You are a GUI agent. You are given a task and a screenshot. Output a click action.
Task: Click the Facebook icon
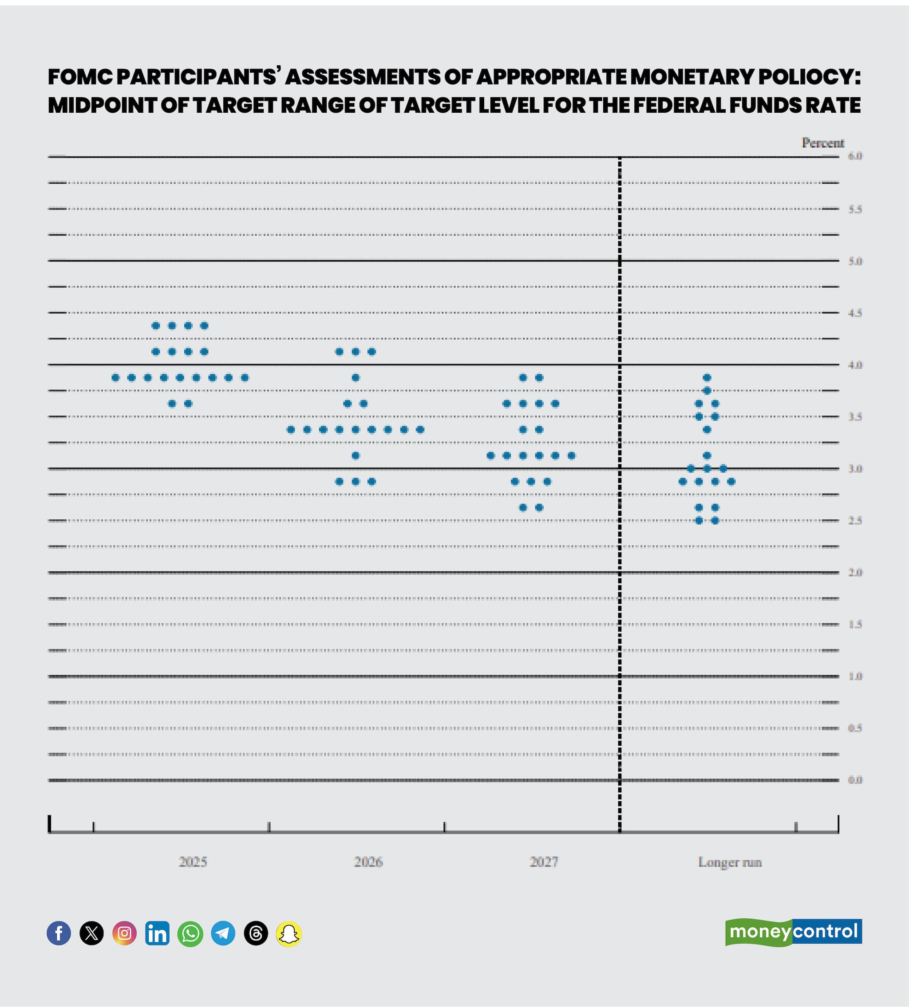(x=59, y=933)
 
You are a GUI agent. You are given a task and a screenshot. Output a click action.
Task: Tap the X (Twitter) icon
(x=91, y=933)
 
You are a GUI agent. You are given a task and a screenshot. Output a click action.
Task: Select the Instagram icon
(x=124, y=933)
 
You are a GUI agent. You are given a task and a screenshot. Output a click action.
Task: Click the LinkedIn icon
(x=157, y=933)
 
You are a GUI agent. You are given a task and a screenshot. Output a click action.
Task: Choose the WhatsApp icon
(x=190, y=933)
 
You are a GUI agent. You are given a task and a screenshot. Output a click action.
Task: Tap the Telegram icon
(x=223, y=933)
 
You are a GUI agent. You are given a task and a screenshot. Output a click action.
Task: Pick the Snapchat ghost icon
(x=289, y=933)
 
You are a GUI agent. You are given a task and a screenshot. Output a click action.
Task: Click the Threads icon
(x=256, y=933)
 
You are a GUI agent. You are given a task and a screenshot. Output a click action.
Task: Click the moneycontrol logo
(x=793, y=932)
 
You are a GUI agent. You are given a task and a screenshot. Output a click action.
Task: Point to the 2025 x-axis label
(x=193, y=862)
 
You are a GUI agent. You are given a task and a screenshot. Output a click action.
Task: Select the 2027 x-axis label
(x=543, y=862)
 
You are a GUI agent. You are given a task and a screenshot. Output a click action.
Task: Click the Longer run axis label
(x=729, y=862)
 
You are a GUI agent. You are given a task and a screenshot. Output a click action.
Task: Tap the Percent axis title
(x=822, y=143)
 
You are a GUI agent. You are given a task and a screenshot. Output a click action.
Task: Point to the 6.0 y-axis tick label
(x=855, y=156)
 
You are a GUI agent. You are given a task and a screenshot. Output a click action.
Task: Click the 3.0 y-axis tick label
(x=855, y=469)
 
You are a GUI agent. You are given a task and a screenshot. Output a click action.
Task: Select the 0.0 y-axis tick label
(x=855, y=780)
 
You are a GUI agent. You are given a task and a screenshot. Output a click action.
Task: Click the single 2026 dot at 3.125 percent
(x=356, y=455)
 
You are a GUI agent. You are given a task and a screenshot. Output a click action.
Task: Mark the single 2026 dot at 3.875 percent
(x=356, y=378)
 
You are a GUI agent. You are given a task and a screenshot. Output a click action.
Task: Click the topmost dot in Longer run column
(x=707, y=378)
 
